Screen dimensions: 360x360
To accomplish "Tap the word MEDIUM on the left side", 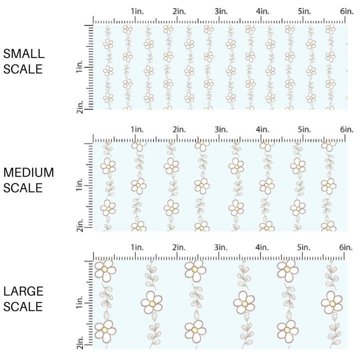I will tap(28, 172).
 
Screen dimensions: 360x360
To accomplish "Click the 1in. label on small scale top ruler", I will tap(137, 11).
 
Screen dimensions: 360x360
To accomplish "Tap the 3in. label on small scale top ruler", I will tap(221, 11).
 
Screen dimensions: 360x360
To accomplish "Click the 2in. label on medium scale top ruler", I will tap(179, 129).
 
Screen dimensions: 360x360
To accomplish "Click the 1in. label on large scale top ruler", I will tap(137, 247).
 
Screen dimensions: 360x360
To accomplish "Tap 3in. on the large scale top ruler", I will tap(221, 247).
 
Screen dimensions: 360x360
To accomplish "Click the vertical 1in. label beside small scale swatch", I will tap(79, 67).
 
